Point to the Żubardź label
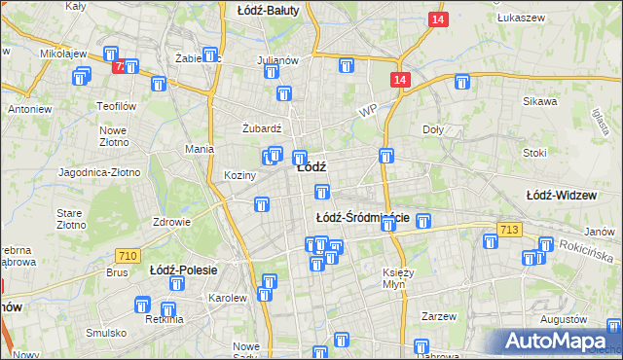tap(262, 127)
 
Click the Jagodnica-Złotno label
tap(99, 172)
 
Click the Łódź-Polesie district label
tap(183, 270)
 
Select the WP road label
tap(366, 112)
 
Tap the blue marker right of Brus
tap(177, 284)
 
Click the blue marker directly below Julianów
tap(283, 94)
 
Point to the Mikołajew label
tap(64, 54)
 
